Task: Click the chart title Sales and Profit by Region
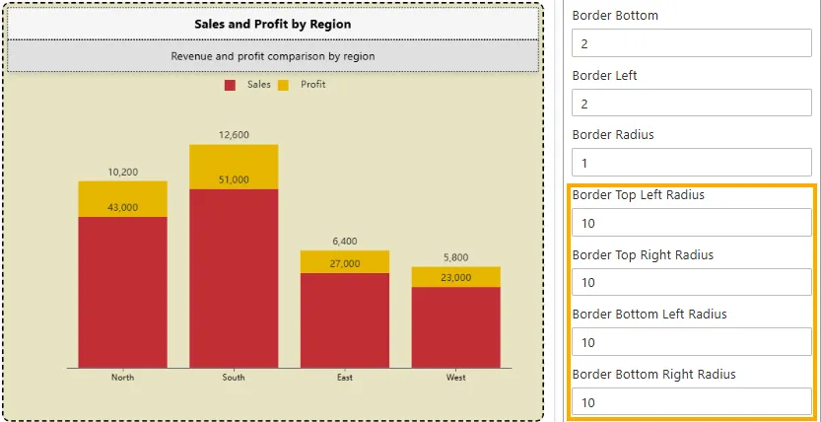273,24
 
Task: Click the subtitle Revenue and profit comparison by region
273,56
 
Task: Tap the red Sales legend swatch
230,86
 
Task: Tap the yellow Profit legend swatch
283,86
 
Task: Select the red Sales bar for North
123,291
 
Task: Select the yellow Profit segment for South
234,166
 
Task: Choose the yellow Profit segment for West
455,277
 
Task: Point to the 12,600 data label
234,135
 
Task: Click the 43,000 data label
123,208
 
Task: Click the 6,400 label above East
345,241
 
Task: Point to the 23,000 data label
455,278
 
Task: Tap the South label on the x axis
234,378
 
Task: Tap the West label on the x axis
455,378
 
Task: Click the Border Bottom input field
691,44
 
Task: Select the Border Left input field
691,104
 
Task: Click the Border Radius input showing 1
691,163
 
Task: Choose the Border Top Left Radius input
691,223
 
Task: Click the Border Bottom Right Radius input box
691,402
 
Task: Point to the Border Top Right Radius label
643,254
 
